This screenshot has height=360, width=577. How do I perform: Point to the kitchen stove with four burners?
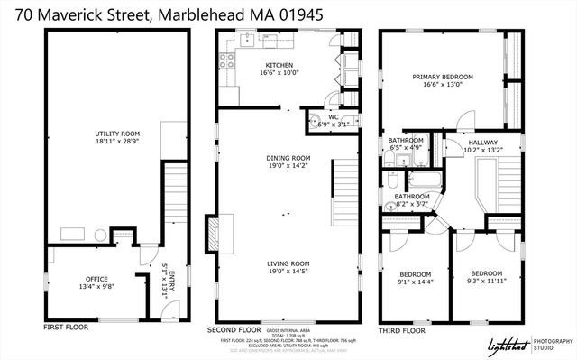pos(226,62)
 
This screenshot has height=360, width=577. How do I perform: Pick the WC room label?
pos(333,117)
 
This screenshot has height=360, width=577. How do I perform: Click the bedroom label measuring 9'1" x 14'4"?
pos(415,278)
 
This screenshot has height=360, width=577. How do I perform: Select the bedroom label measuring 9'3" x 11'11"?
pos(487,277)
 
